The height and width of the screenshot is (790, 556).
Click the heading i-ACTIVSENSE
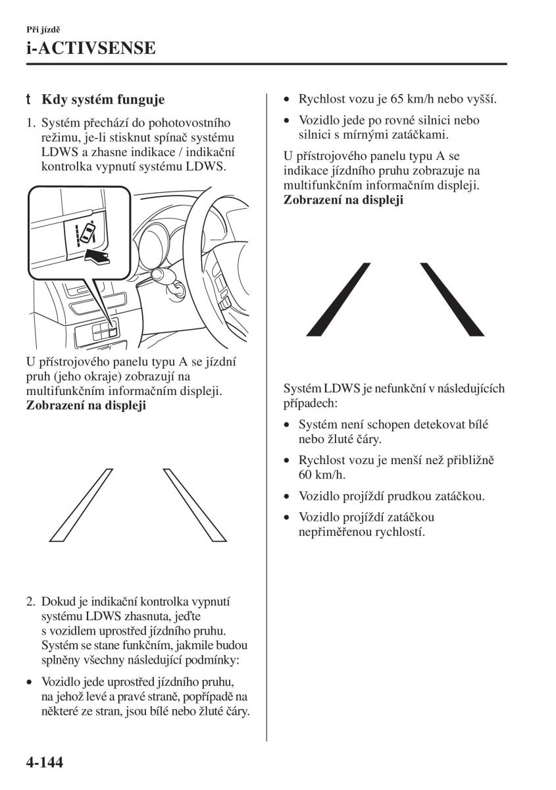91,47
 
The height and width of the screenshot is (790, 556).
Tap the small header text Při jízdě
44,30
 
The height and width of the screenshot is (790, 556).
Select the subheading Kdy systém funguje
103,100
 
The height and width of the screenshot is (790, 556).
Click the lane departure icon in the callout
86,232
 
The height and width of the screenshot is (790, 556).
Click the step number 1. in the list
30,123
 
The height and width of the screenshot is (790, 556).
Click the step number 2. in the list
30,602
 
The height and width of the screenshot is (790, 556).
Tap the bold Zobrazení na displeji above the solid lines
343,200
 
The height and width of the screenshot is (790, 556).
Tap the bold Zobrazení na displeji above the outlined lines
86,406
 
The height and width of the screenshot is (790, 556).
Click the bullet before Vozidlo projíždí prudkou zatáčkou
288,496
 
